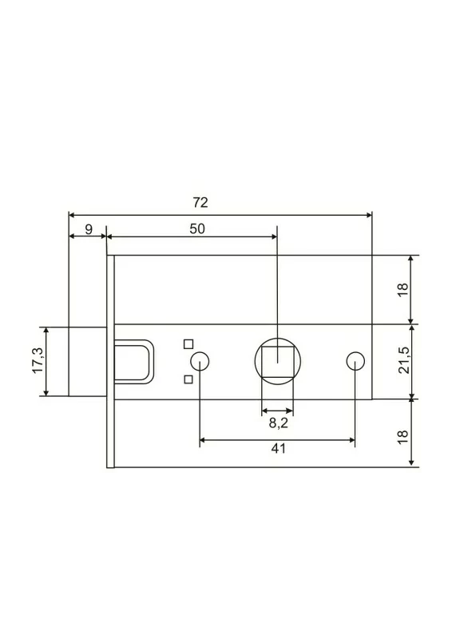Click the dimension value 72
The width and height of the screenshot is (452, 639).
(200, 203)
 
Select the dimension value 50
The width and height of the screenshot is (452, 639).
(197, 229)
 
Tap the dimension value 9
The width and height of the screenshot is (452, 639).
(89, 229)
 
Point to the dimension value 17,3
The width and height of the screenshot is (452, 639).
(38, 360)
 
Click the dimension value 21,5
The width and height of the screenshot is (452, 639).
(403, 361)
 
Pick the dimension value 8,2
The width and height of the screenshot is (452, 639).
(279, 423)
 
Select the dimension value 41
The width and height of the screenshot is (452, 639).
(279, 449)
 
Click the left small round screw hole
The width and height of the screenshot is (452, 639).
(200, 361)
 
